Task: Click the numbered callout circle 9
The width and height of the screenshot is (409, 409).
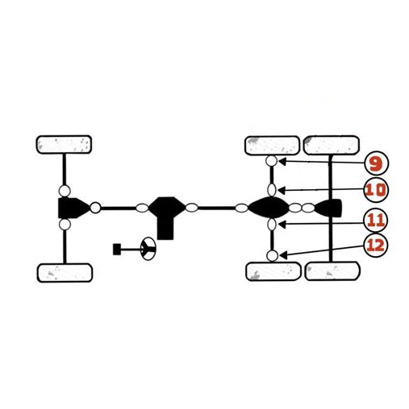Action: click(377, 163)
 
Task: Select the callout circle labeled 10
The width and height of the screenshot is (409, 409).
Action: click(376, 190)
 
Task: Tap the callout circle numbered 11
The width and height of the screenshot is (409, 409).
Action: click(376, 221)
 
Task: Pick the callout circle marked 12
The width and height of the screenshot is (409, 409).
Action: click(376, 245)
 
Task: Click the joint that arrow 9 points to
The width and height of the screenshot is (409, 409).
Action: click(271, 161)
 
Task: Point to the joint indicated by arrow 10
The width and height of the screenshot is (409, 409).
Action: click(272, 190)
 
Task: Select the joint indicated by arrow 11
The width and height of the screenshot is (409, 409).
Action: click(272, 225)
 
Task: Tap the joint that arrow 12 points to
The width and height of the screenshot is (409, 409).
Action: click(272, 256)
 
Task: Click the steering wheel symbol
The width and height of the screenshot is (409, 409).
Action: click(148, 249)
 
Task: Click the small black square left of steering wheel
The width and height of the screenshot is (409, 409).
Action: click(117, 250)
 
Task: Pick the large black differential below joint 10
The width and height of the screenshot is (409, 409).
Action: click(269, 208)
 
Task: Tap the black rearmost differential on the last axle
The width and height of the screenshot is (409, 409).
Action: click(328, 209)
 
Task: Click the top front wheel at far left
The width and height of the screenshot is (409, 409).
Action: click(64, 145)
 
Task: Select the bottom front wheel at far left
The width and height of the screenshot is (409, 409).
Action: click(65, 273)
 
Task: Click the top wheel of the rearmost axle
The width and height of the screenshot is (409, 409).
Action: click(332, 145)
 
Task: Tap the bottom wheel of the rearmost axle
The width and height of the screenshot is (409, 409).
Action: click(332, 271)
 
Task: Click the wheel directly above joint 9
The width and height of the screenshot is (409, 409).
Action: click(272, 146)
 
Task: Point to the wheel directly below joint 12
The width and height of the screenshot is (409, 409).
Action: click(273, 271)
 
